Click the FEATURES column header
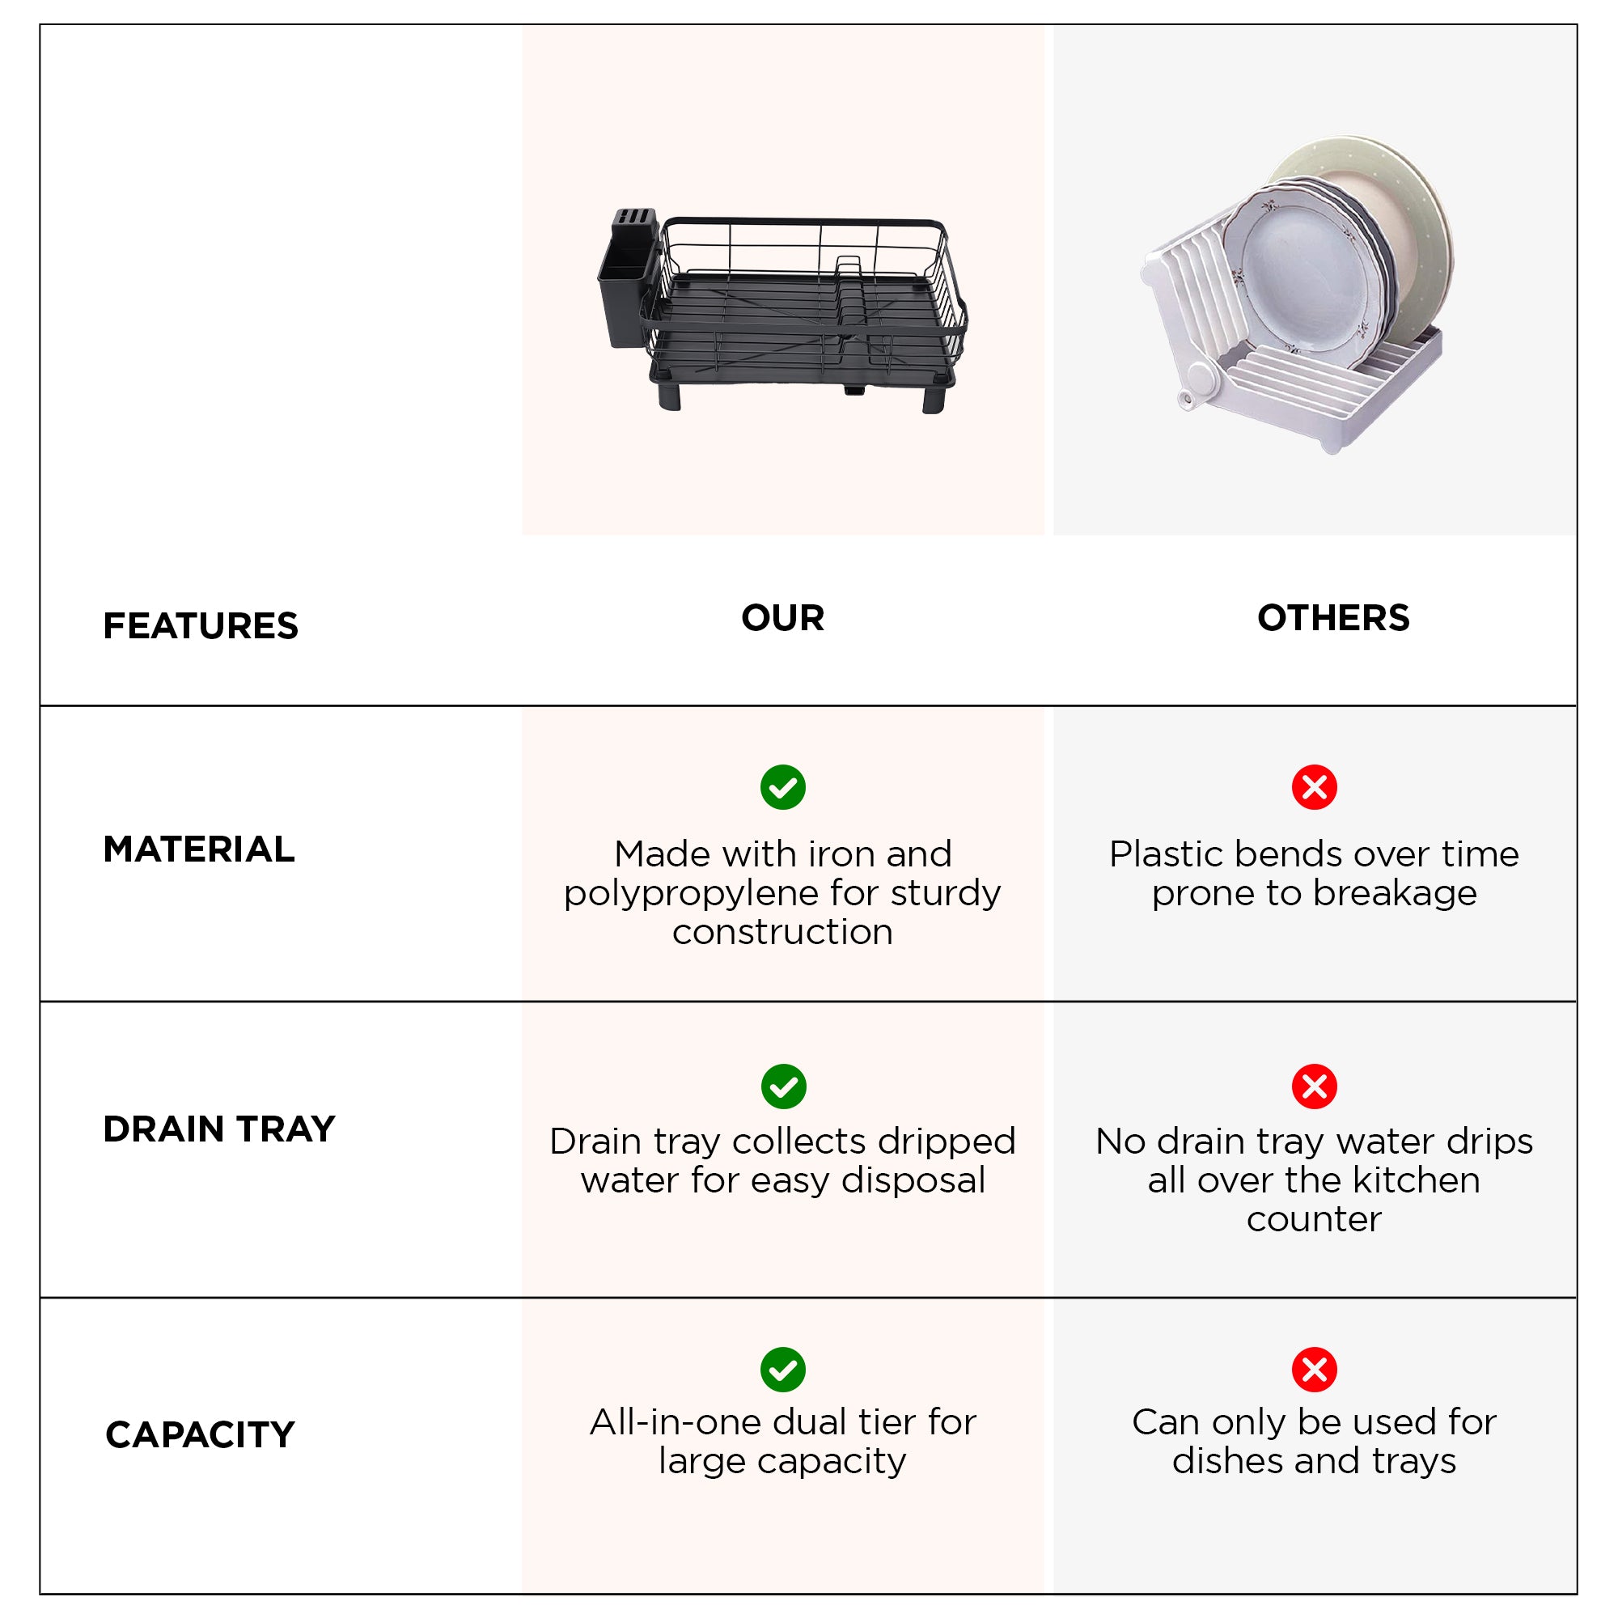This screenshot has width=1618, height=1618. [200, 625]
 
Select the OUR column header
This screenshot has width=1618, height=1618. [783, 618]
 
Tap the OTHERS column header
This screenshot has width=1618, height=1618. [1333, 618]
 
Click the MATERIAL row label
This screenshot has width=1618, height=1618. [198, 849]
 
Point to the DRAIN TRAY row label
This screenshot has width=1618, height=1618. [218, 1129]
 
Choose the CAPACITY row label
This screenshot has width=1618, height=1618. [200, 1434]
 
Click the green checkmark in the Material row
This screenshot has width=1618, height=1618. [783, 787]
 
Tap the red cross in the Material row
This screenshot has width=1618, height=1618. [1315, 787]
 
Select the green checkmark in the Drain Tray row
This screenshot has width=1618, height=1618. [784, 1087]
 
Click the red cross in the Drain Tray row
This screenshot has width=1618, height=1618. [1315, 1087]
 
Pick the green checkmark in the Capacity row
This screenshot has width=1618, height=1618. [783, 1370]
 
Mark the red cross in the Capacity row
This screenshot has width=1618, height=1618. [1315, 1370]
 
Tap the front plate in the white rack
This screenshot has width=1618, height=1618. [1301, 269]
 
